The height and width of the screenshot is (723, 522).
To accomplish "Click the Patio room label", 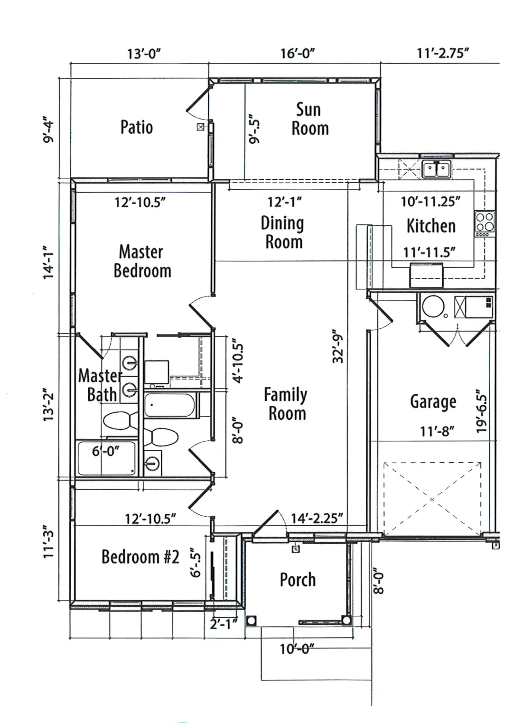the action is pos(137,127).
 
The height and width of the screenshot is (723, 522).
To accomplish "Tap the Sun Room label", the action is pos(310,119).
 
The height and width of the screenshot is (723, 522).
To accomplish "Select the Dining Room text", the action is pos(282,232).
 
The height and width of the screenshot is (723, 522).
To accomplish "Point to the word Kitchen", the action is pos(431,226).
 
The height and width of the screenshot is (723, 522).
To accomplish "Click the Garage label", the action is pos(433,402).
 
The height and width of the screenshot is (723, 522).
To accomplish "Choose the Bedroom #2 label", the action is pos(140,556).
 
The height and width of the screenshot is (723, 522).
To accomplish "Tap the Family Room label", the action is pos(286,403).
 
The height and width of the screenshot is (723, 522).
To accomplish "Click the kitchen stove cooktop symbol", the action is pos(485,223).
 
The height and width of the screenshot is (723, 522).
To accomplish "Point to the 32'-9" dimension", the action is pos(338,346).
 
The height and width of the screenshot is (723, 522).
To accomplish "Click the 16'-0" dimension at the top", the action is pos(298,53).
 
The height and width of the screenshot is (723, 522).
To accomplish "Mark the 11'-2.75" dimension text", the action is pos(443,53).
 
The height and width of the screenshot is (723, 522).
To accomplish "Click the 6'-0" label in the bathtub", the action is pos(105,451).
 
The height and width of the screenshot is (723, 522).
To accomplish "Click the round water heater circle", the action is pos(433,306).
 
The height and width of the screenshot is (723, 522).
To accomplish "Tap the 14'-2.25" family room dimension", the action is pos(317,519).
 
